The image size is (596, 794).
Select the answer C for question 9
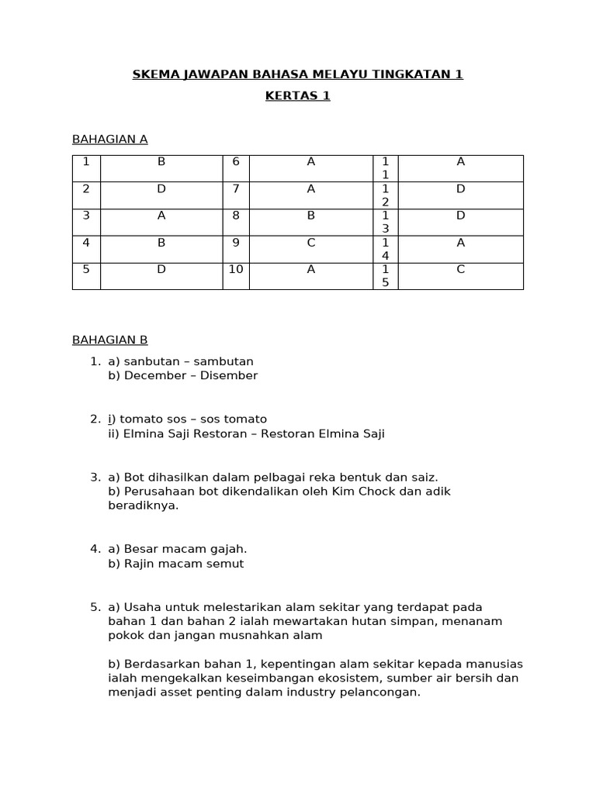coord(310,243)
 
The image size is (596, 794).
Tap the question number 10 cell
coord(236,269)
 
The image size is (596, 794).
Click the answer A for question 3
coord(161,216)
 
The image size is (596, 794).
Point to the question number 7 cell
coord(236,188)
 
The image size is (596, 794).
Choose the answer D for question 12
coord(460,188)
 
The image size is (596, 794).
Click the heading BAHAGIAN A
coord(109,140)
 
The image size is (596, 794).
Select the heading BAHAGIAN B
coord(109,340)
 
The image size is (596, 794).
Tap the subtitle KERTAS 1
coord(297,95)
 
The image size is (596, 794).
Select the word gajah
coord(230,549)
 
